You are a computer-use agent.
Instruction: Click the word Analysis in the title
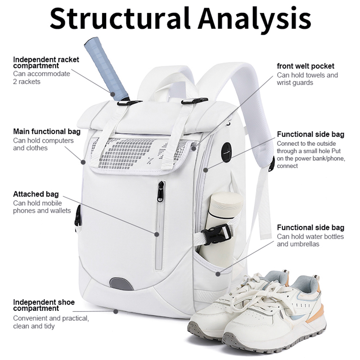point(255,19)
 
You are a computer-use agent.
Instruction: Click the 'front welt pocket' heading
point(306,67)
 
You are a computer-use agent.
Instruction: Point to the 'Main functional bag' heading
point(47,131)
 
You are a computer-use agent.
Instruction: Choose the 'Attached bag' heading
point(36,194)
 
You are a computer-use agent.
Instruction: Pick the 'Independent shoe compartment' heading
point(43,305)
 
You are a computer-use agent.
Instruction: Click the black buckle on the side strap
point(216,233)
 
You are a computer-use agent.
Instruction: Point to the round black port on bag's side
point(226,151)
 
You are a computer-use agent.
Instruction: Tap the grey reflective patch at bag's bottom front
point(121,283)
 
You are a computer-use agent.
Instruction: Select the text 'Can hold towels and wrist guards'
point(307,79)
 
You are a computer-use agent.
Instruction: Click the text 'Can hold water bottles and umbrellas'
point(310,240)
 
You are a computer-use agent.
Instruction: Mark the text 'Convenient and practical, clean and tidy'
point(51,322)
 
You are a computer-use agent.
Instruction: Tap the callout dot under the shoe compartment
point(116,311)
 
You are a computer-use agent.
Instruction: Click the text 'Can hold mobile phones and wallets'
point(42,207)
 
